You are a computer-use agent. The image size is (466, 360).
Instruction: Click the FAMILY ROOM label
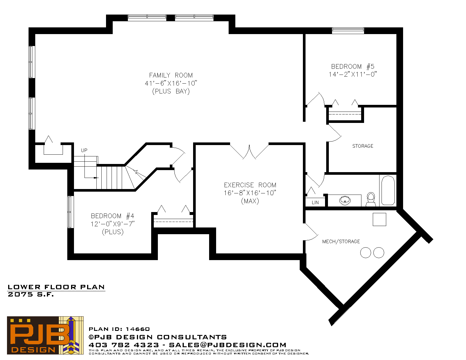171,75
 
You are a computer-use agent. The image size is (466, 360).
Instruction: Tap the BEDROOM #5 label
353,66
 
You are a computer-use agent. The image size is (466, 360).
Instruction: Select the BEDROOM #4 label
112,216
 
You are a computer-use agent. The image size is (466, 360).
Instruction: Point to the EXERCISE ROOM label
250,185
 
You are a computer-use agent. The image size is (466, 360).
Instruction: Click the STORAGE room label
363,146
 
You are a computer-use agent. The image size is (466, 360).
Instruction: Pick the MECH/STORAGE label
341,242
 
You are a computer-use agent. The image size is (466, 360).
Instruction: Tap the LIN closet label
315,202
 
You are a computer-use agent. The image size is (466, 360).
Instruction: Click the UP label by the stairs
84,150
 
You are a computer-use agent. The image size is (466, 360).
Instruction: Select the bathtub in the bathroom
388,190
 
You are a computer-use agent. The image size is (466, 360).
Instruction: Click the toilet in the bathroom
371,199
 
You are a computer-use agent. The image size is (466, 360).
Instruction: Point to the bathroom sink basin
345,200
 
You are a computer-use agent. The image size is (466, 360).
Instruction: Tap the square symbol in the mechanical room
379,219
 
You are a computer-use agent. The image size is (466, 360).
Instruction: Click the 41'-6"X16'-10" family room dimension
171,83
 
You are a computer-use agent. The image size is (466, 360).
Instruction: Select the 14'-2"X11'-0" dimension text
353,74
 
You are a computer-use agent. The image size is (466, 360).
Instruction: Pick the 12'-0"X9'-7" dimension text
112,224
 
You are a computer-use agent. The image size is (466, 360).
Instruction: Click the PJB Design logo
45,335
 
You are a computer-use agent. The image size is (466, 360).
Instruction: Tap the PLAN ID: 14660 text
119,329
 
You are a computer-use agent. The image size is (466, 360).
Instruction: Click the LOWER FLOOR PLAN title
56,287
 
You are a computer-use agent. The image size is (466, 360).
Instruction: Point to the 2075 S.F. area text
31,294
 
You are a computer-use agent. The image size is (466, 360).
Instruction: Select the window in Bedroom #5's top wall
348,31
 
